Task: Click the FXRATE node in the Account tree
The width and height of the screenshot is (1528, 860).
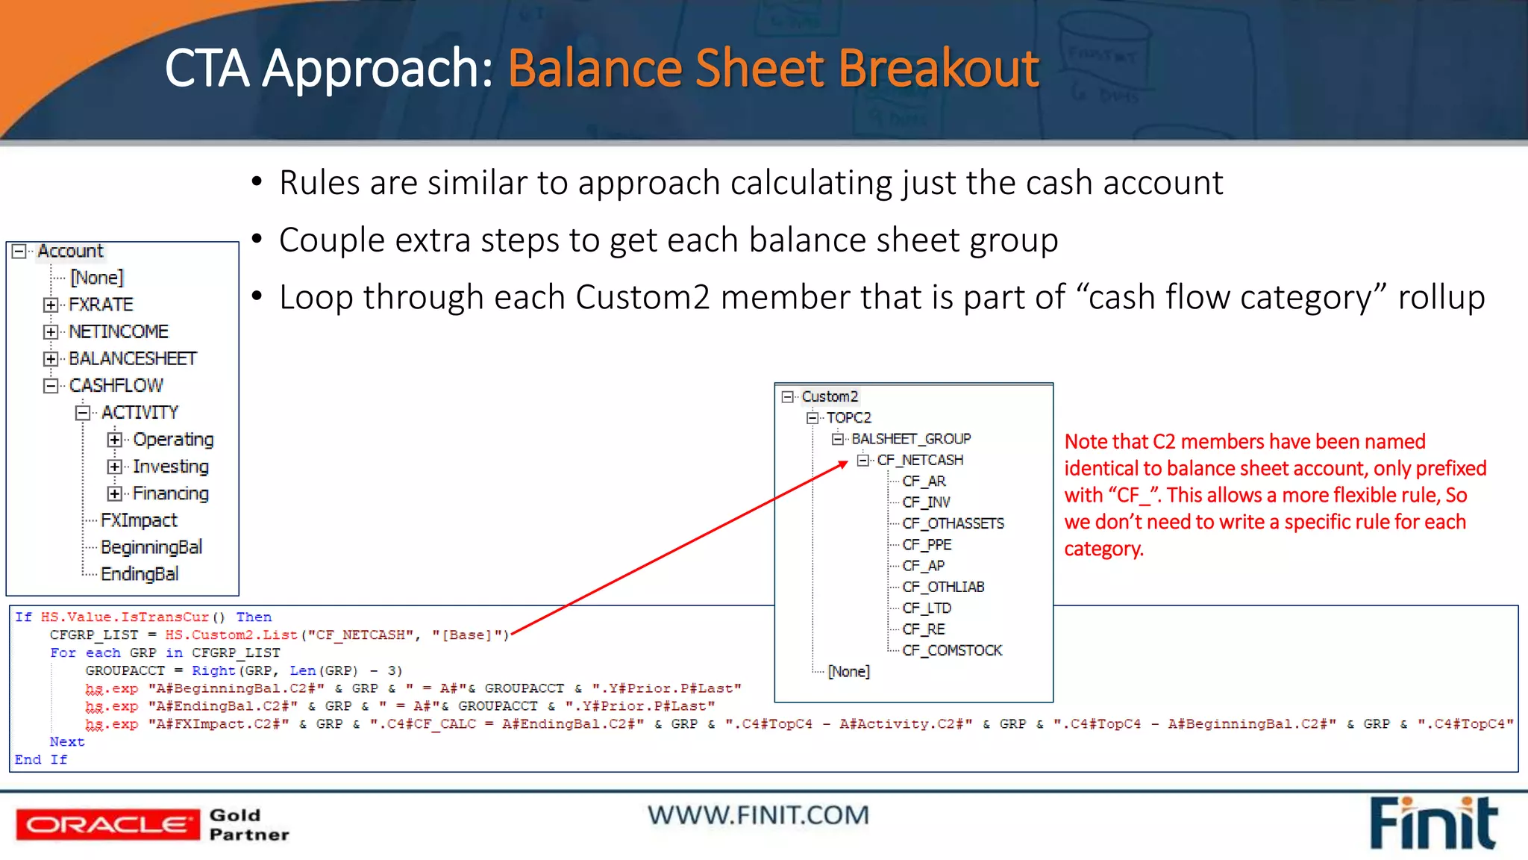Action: click(101, 305)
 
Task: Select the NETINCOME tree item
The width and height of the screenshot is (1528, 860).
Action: click(119, 331)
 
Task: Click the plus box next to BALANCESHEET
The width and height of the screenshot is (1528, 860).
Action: click(50, 359)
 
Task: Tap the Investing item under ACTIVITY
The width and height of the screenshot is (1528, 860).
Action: click(170, 467)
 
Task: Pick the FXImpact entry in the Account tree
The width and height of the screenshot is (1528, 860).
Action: click(139, 520)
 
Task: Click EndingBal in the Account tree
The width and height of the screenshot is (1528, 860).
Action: click(140, 574)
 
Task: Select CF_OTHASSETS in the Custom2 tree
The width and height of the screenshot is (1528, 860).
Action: click(953, 523)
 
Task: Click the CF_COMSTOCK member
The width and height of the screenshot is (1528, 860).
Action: click(951, 650)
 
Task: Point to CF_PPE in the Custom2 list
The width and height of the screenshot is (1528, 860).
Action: click(927, 544)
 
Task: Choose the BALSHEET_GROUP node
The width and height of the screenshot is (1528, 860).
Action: click(911, 439)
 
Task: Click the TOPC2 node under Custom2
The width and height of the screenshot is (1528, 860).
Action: click(848, 417)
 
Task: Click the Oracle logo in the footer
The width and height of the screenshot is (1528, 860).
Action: click(107, 824)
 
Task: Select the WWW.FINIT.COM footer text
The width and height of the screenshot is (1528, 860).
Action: click(758, 814)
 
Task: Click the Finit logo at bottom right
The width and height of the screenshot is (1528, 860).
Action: click(1433, 823)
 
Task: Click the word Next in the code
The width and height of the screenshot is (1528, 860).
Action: click(67, 741)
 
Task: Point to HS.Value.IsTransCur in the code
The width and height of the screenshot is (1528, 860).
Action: click(125, 617)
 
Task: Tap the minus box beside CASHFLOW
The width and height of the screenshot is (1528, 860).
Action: click(50, 386)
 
